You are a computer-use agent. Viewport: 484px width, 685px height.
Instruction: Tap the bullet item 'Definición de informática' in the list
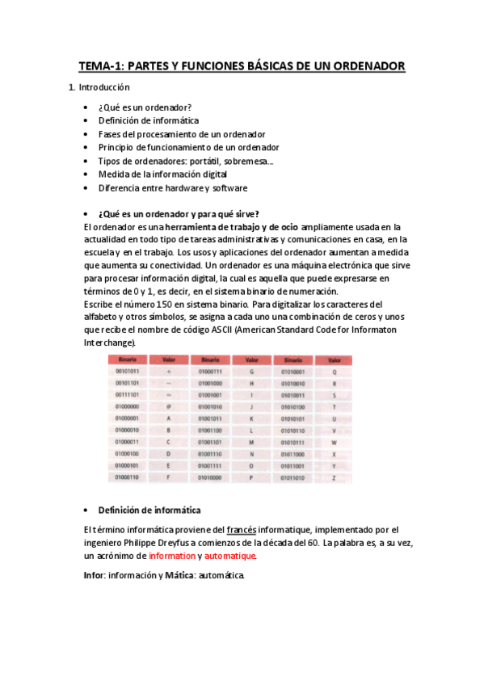coord(148,120)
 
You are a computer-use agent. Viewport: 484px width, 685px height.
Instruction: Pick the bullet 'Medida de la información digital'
coord(162,174)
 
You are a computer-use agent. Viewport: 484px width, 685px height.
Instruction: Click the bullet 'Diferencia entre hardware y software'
coord(172,187)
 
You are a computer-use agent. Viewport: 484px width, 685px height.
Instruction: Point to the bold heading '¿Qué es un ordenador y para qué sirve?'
coord(178,214)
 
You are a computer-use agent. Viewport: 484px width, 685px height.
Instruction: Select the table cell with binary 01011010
coord(292,478)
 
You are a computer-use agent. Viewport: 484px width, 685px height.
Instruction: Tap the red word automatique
coord(229,556)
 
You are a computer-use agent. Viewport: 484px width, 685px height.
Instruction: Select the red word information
coord(172,556)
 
